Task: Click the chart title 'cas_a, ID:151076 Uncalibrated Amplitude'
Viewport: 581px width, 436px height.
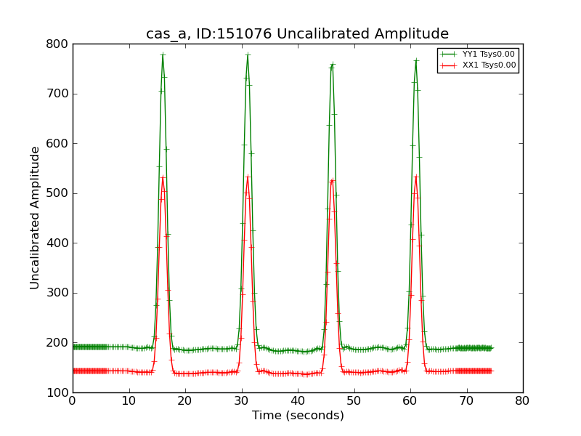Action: [297, 34]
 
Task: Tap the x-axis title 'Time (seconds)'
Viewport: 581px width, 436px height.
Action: [298, 416]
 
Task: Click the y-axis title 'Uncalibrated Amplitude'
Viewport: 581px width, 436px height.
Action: [35, 218]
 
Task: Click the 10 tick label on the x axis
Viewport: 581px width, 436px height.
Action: [129, 400]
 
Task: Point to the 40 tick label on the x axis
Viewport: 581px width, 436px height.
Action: [298, 400]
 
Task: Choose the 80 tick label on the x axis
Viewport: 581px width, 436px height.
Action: [523, 400]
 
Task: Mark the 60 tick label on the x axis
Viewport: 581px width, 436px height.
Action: [410, 400]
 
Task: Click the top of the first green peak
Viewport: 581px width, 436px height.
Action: [163, 54]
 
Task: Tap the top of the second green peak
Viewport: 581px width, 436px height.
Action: [248, 54]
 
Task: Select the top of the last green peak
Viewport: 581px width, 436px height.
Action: [416, 60]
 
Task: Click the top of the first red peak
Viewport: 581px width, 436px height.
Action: [163, 177]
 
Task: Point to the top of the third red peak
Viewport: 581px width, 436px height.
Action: [332, 179]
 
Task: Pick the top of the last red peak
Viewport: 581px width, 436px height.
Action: [416, 177]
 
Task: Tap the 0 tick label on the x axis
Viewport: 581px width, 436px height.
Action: [73, 400]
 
